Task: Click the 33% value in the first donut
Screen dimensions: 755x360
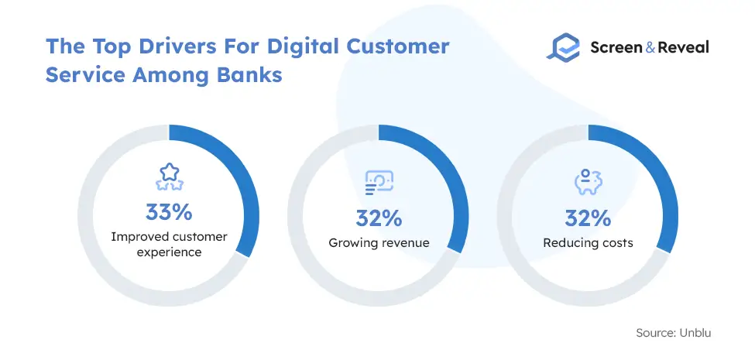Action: tap(169, 212)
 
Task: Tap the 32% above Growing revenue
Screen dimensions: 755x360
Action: tap(379, 218)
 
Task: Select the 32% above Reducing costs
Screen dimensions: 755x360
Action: tap(588, 218)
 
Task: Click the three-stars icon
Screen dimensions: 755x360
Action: tap(169, 177)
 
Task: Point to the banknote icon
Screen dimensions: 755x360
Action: tap(379, 183)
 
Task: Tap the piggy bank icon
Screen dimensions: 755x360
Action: tap(589, 182)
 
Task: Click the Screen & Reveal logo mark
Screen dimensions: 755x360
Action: tap(564, 46)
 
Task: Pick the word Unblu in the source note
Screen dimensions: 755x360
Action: tap(695, 333)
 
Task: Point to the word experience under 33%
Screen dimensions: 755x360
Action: tap(169, 252)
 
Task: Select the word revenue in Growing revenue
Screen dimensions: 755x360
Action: tap(403, 243)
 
